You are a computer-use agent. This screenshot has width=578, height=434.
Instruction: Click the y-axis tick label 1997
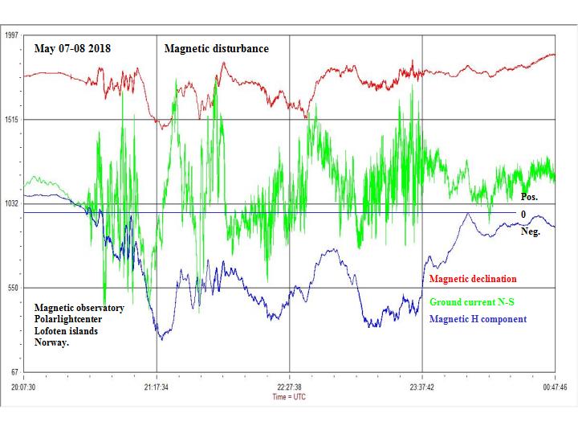(11, 35)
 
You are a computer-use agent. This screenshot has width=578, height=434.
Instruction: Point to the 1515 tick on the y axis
(11, 120)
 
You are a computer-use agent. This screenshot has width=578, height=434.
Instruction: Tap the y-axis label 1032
(11, 204)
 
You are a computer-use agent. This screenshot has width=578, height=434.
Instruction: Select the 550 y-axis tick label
(13, 288)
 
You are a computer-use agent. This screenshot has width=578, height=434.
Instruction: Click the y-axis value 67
(14, 372)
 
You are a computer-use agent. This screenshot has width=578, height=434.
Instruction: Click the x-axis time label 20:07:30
(24, 387)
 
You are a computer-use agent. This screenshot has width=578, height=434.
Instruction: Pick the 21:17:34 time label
(157, 387)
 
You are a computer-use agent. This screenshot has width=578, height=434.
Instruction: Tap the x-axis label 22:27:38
(289, 387)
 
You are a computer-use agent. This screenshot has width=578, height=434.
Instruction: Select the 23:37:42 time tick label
(421, 387)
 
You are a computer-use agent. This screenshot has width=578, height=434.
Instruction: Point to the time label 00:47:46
(555, 387)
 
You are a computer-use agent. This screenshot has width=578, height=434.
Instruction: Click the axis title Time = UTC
(289, 396)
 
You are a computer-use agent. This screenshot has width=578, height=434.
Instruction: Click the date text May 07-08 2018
(72, 49)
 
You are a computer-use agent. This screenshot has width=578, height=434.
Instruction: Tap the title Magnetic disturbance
(217, 49)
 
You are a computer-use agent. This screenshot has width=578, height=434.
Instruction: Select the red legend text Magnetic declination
(473, 280)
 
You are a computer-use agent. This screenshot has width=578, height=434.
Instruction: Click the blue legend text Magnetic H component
(478, 319)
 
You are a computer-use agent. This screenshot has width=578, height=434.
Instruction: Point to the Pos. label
(530, 197)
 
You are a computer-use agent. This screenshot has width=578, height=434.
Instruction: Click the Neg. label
(531, 231)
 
